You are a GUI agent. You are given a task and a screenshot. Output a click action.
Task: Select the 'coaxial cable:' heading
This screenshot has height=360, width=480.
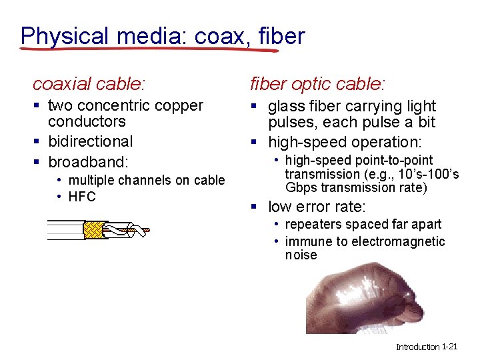[x=89, y=84]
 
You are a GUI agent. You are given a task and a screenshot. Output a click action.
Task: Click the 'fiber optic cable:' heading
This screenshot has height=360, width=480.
[x=317, y=84]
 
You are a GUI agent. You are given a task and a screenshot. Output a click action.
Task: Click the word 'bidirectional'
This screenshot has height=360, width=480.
[x=91, y=141]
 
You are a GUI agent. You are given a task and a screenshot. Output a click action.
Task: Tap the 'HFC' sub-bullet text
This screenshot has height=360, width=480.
[x=82, y=197]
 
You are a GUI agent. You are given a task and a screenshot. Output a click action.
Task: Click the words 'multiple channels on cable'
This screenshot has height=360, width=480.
[x=147, y=180]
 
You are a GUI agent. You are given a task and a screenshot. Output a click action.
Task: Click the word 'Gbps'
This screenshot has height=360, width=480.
[x=301, y=187]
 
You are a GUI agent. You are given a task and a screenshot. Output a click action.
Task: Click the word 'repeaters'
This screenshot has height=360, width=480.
[x=313, y=225]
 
